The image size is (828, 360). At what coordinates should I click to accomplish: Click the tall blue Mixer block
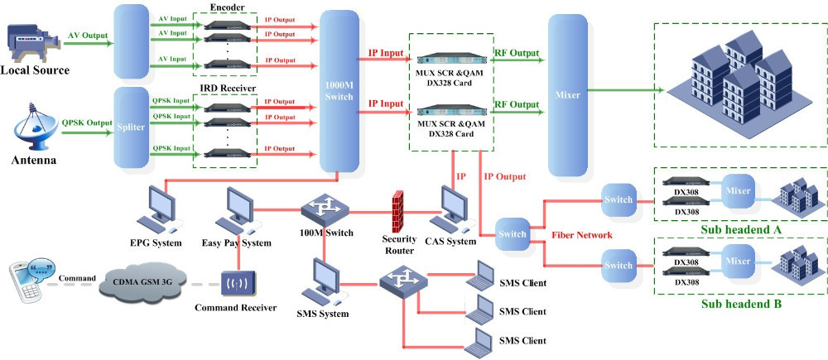(568, 98)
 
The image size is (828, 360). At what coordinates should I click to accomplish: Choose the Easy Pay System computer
(235, 209)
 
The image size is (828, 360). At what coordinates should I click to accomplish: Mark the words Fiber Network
(582, 235)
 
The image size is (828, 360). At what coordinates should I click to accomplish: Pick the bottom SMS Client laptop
(480, 341)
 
